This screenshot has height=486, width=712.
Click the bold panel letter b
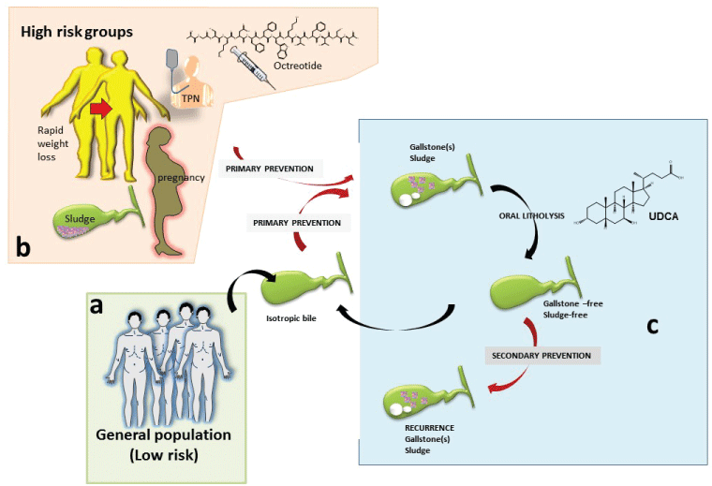(x=24, y=247)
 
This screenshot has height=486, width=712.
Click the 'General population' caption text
(x=164, y=436)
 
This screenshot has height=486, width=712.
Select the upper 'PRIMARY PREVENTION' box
(x=271, y=169)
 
